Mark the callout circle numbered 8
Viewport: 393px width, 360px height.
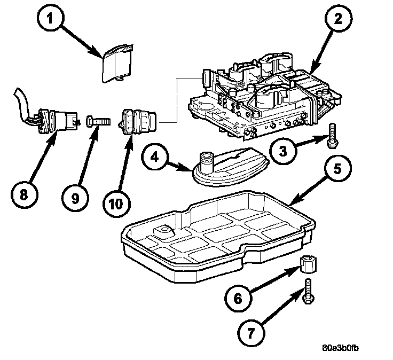click(22, 195)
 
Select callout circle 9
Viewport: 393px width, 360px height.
click(75, 198)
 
